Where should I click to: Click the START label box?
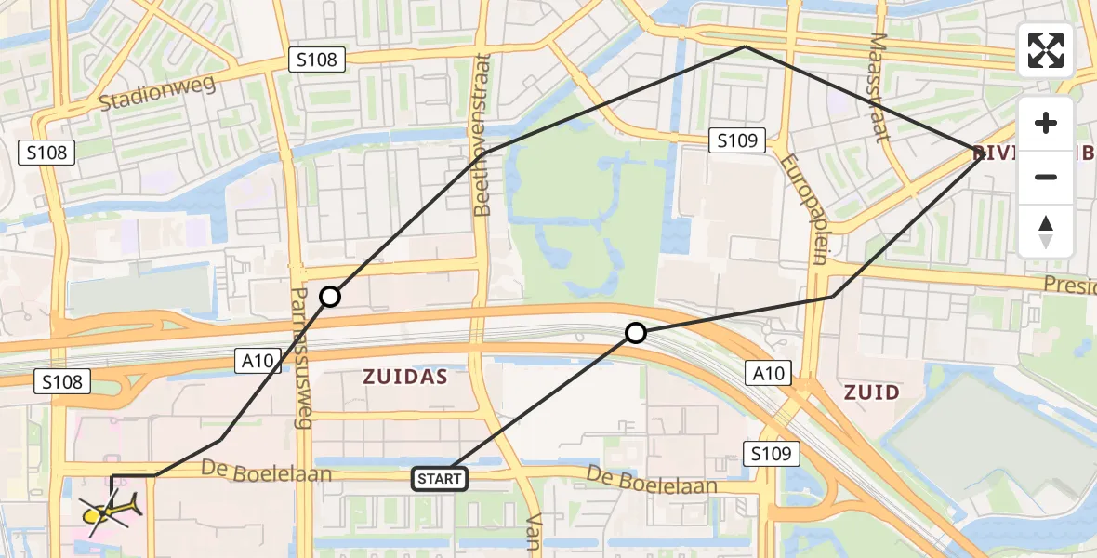(440, 479)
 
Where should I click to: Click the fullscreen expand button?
(1046, 50)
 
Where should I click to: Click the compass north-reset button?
(1046, 232)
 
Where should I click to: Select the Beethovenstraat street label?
(482, 135)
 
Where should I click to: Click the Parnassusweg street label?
(300, 357)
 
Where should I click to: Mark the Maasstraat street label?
(880, 87)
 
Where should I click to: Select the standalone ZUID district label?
(871, 392)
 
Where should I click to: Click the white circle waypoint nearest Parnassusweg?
(330, 297)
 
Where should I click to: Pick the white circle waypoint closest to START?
(635, 333)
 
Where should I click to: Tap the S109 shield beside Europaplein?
(738, 141)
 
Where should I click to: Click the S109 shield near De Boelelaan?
(773, 453)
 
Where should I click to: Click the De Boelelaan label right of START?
(651, 480)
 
